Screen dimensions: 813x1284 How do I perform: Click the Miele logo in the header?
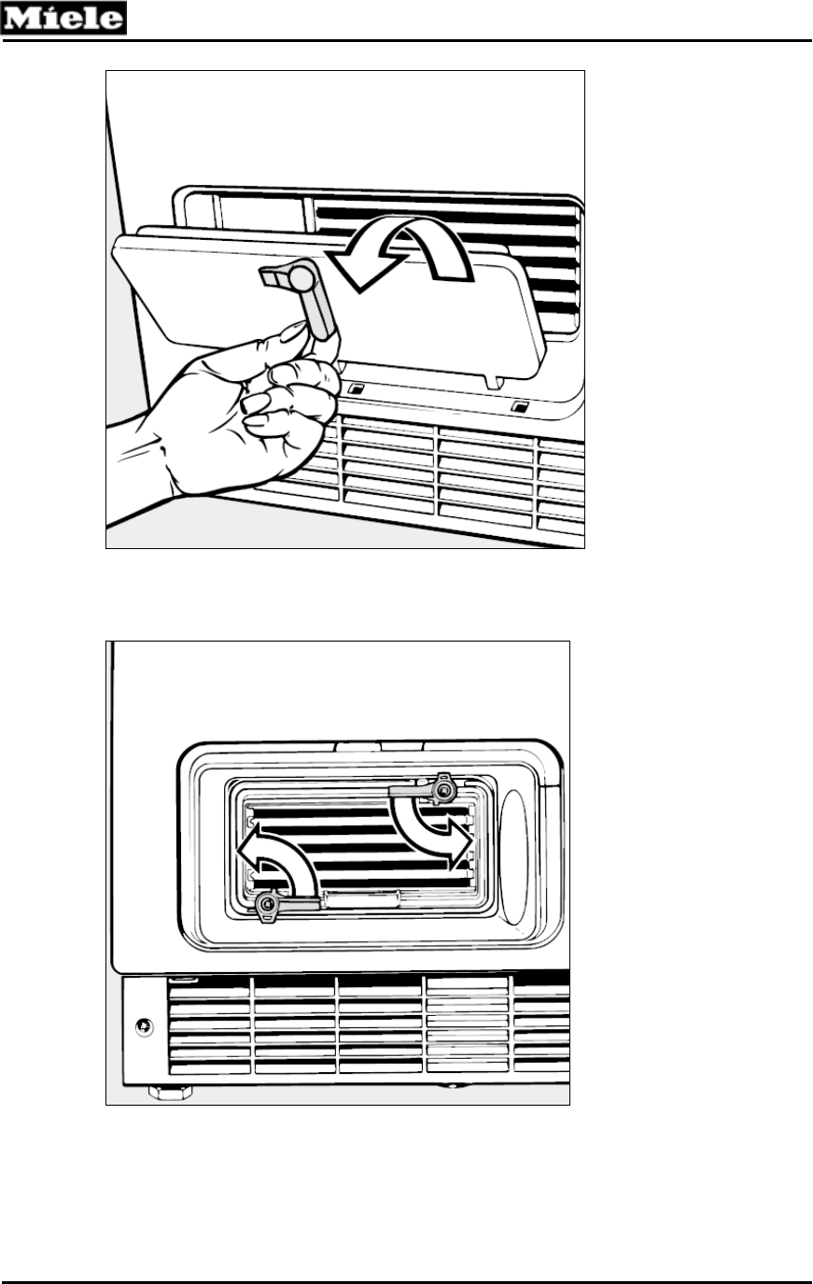63,18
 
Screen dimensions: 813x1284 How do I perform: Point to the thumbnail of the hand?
290,330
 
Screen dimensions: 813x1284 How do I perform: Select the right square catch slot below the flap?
520,406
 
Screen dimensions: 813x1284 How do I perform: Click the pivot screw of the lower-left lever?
269,904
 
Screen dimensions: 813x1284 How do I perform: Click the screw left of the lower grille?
143,1026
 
